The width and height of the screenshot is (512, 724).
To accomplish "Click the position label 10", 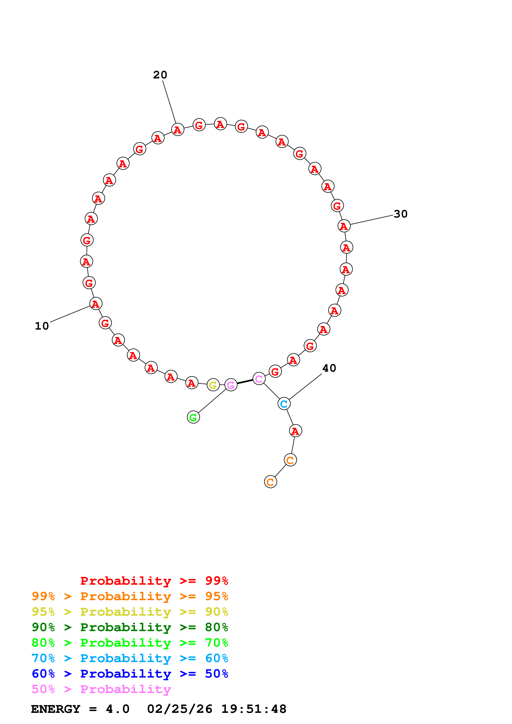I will [42, 326].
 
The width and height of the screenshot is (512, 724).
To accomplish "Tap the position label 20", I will [160, 75].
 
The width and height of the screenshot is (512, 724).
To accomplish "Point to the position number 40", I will [329, 368].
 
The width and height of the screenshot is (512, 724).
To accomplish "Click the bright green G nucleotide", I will [193, 417].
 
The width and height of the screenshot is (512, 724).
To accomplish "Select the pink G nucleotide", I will [231, 385].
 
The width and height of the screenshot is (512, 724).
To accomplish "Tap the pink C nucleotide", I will [259, 379].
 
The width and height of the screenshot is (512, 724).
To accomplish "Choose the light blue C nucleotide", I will [284, 404].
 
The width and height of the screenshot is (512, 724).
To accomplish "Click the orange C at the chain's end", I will [270, 482].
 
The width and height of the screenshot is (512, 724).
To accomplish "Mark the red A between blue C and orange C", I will [295, 431].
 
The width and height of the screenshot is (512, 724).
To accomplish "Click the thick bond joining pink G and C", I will [245, 382].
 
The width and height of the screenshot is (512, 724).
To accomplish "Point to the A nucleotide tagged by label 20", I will [178, 129].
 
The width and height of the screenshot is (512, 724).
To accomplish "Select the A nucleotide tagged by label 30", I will [344, 226].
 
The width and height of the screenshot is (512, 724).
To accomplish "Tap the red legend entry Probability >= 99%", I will [154, 581].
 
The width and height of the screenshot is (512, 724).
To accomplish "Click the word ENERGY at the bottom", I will [56, 709].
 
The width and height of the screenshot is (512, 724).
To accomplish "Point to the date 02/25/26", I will [179, 709].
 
